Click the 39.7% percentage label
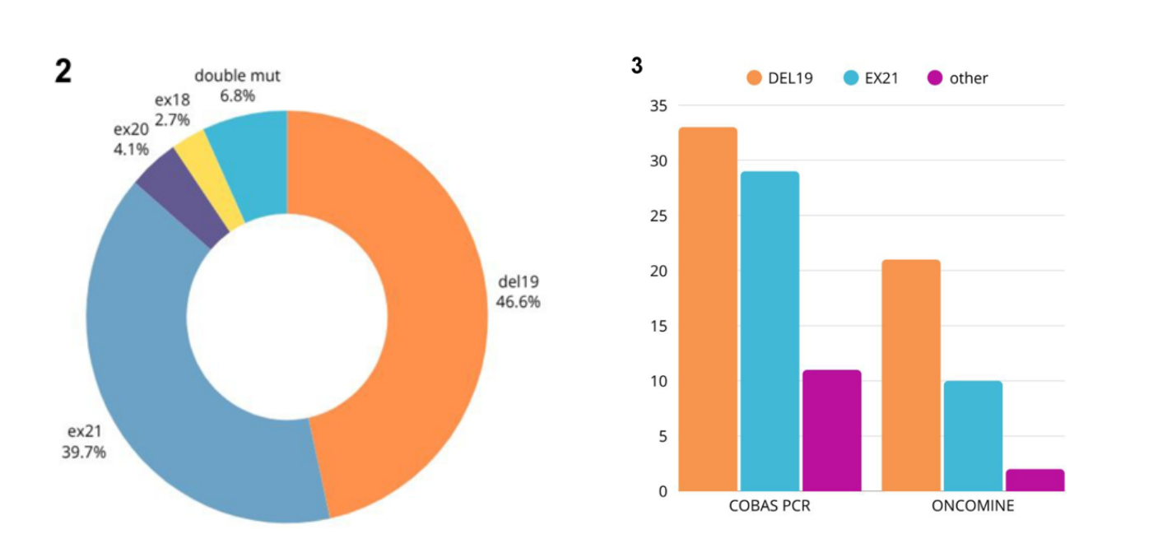pos(84,452)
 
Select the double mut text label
pos(237,76)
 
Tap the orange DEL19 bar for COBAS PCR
pos(707,309)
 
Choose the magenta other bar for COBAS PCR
pos(831,430)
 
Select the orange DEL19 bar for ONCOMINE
pos(910,375)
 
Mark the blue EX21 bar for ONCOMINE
pos(973,436)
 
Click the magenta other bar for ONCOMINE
pos(1035,481)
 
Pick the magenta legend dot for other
pos(934,78)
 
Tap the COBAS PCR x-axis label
pos(770,506)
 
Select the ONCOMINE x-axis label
pos(973,506)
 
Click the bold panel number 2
pos(63,72)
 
